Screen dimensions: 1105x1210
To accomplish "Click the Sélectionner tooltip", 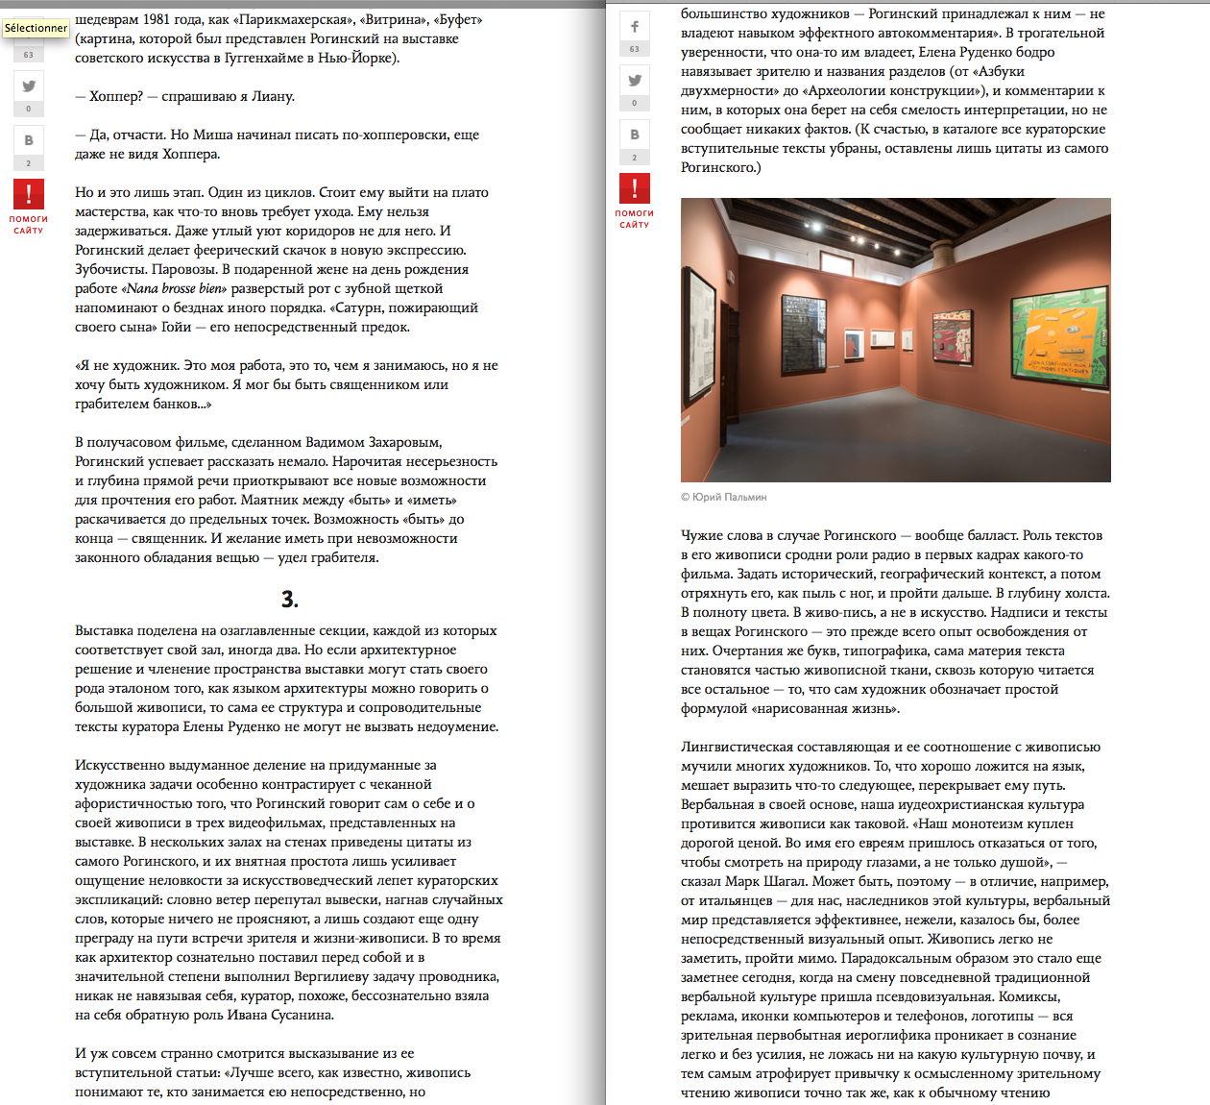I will tap(36, 28).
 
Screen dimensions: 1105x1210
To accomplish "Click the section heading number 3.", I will tap(289, 600).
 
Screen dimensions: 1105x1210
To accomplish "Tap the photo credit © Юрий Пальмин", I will tap(724, 497).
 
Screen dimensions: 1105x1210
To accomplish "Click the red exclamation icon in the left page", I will tap(29, 194).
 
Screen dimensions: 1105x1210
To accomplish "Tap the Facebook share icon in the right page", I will tap(635, 27).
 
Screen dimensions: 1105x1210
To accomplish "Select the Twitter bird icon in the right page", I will tap(635, 81).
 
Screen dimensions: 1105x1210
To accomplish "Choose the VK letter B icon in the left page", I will tap(29, 140).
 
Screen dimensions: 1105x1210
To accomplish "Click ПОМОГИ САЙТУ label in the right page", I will tap(634, 219).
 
